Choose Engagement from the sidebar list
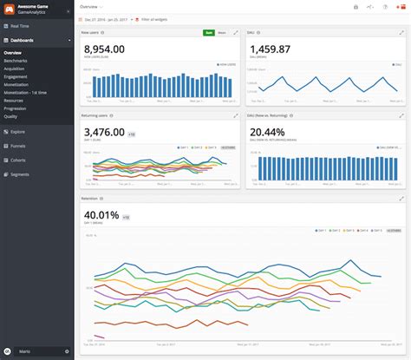click(16, 76)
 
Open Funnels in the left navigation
click(18, 146)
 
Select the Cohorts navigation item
click(18, 159)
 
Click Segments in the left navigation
click(19, 173)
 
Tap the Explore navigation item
click(18, 132)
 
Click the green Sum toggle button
click(208, 32)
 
